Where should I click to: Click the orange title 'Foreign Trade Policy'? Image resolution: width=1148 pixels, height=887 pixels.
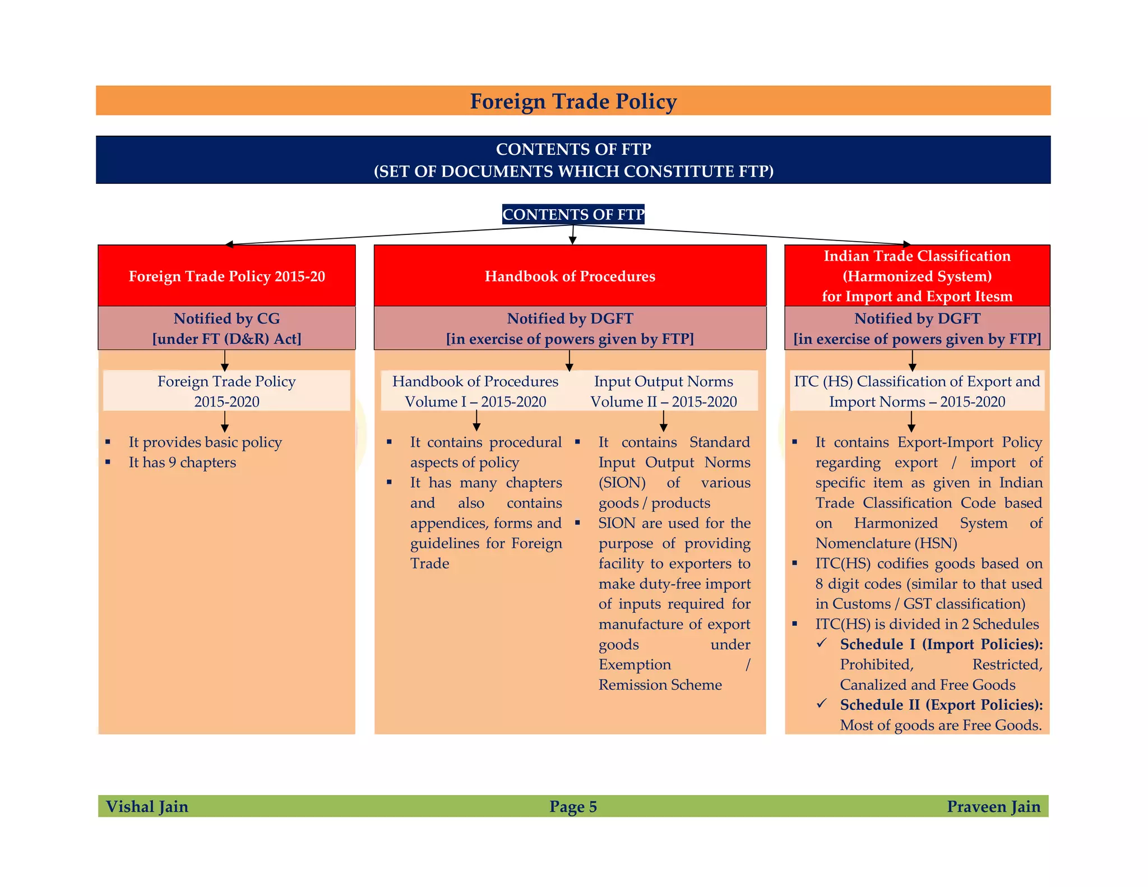(x=573, y=101)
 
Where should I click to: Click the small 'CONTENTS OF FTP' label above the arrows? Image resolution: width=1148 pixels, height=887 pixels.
(x=573, y=214)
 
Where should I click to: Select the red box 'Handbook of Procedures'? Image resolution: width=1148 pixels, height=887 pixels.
(x=570, y=276)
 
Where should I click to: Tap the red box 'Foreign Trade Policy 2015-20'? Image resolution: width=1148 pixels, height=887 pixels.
(x=226, y=276)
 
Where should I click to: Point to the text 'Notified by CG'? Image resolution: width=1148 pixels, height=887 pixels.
(x=226, y=318)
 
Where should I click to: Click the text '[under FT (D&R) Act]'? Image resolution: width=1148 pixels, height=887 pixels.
(x=226, y=339)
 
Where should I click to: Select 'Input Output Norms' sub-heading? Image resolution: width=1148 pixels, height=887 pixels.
(x=663, y=381)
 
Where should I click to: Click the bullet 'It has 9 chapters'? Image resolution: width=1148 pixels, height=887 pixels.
(x=182, y=462)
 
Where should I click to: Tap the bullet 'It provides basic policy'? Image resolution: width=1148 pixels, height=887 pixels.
(x=205, y=442)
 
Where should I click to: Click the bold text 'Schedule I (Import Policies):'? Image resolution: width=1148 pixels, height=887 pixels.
(x=941, y=644)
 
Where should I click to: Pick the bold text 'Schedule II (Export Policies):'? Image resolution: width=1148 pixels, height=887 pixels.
(x=941, y=705)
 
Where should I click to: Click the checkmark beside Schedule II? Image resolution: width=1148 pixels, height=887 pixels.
(x=822, y=703)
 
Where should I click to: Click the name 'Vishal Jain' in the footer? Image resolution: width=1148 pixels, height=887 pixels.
(x=147, y=806)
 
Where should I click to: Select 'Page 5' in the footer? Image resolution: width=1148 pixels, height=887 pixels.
(x=573, y=806)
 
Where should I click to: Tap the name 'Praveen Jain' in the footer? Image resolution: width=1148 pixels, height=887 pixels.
(x=993, y=806)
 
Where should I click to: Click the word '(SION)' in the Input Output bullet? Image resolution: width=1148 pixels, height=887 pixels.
(x=622, y=482)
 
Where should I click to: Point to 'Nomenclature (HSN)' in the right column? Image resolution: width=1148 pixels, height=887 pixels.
(x=886, y=543)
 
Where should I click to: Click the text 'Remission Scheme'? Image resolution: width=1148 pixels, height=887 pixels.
(x=660, y=685)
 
